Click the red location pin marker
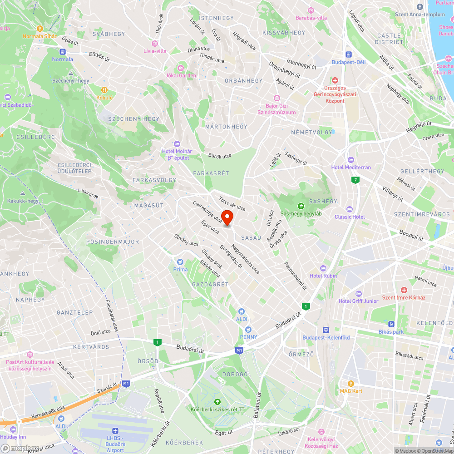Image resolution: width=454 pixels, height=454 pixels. (227, 217)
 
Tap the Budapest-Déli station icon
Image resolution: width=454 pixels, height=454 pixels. (349, 54)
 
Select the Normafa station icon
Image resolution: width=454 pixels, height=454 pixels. (63, 51)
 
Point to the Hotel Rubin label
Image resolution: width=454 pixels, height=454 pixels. (323, 276)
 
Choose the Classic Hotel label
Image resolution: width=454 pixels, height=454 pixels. (350, 217)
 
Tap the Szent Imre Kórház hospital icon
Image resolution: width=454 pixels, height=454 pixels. (404, 290)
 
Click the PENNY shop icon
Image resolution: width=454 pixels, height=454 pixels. (248, 330)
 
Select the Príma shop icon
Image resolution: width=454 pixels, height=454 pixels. (180, 262)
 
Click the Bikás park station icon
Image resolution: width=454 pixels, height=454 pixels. (391, 324)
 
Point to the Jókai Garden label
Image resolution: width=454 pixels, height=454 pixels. (181, 75)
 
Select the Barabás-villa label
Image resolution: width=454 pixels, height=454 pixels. (311, 18)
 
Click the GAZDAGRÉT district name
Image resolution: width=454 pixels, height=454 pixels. (210, 284)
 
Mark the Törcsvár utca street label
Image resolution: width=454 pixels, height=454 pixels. (232, 204)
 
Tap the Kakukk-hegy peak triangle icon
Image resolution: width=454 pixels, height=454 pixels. (23, 193)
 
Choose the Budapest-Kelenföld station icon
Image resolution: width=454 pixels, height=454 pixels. (326, 330)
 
